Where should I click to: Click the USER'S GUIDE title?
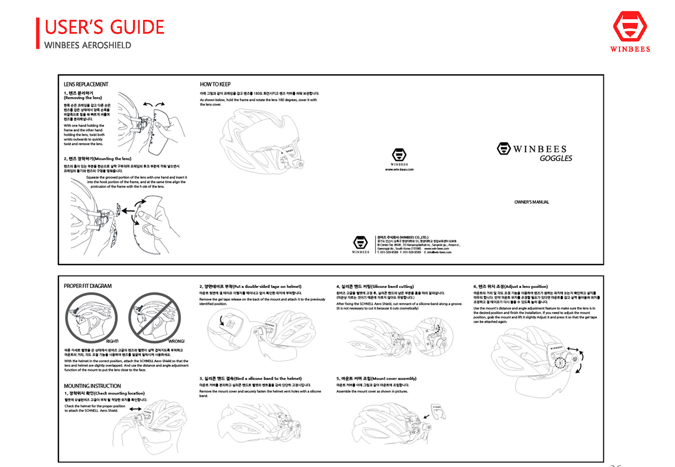(104, 26)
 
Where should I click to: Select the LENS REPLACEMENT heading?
(86, 84)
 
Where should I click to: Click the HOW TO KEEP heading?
(215, 84)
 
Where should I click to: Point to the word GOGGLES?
(556, 158)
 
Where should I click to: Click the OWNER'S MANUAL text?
(531, 202)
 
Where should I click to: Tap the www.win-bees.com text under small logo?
(399, 169)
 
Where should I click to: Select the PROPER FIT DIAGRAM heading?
(88, 286)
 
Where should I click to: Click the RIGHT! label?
(113, 341)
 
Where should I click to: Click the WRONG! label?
(177, 341)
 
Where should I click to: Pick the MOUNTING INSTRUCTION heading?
(92, 386)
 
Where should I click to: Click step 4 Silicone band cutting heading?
(375, 286)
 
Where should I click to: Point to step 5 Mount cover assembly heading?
(376, 378)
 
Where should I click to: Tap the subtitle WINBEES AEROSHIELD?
(88, 45)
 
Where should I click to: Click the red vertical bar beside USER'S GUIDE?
(38, 33)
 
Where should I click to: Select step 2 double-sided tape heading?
(250, 286)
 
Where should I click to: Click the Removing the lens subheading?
(83, 98)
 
